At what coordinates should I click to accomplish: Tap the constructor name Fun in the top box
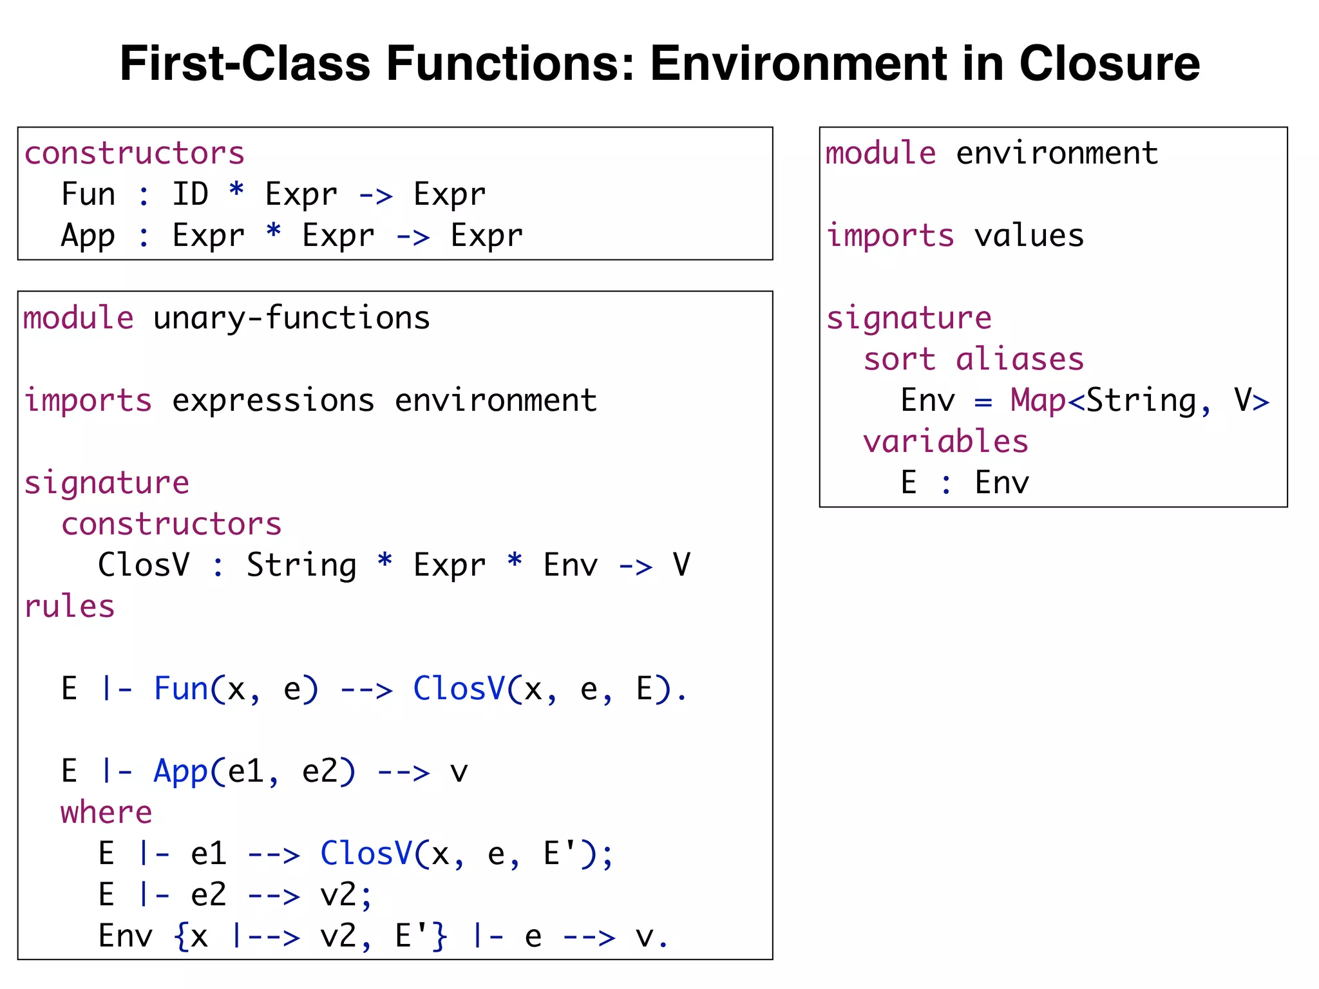click(x=88, y=194)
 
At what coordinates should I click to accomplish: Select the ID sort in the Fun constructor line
click(x=190, y=194)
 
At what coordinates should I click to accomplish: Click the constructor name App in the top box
click(x=88, y=236)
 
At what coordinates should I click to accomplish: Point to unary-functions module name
click(x=291, y=318)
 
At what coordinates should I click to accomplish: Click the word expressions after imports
click(x=273, y=400)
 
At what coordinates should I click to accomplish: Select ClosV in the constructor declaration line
click(x=144, y=565)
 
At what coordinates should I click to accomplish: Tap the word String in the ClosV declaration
click(x=301, y=565)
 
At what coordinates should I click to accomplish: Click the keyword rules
click(x=70, y=607)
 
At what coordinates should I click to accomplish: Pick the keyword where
click(x=106, y=813)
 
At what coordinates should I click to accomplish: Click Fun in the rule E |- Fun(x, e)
click(x=181, y=689)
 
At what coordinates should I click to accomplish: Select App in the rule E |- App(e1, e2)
click(x=181, y=771)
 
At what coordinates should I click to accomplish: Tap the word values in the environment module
click(x=1029, y=236)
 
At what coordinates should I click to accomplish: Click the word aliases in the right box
click(x=1020, y=359)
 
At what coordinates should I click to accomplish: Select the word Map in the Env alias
click(x=1038, y=400)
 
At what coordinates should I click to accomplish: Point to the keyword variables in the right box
click(x=945, y=442)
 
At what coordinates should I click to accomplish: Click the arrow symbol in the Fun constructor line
click(x=375, y=195)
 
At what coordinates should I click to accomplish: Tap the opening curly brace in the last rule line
click(x=181, y=936)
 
